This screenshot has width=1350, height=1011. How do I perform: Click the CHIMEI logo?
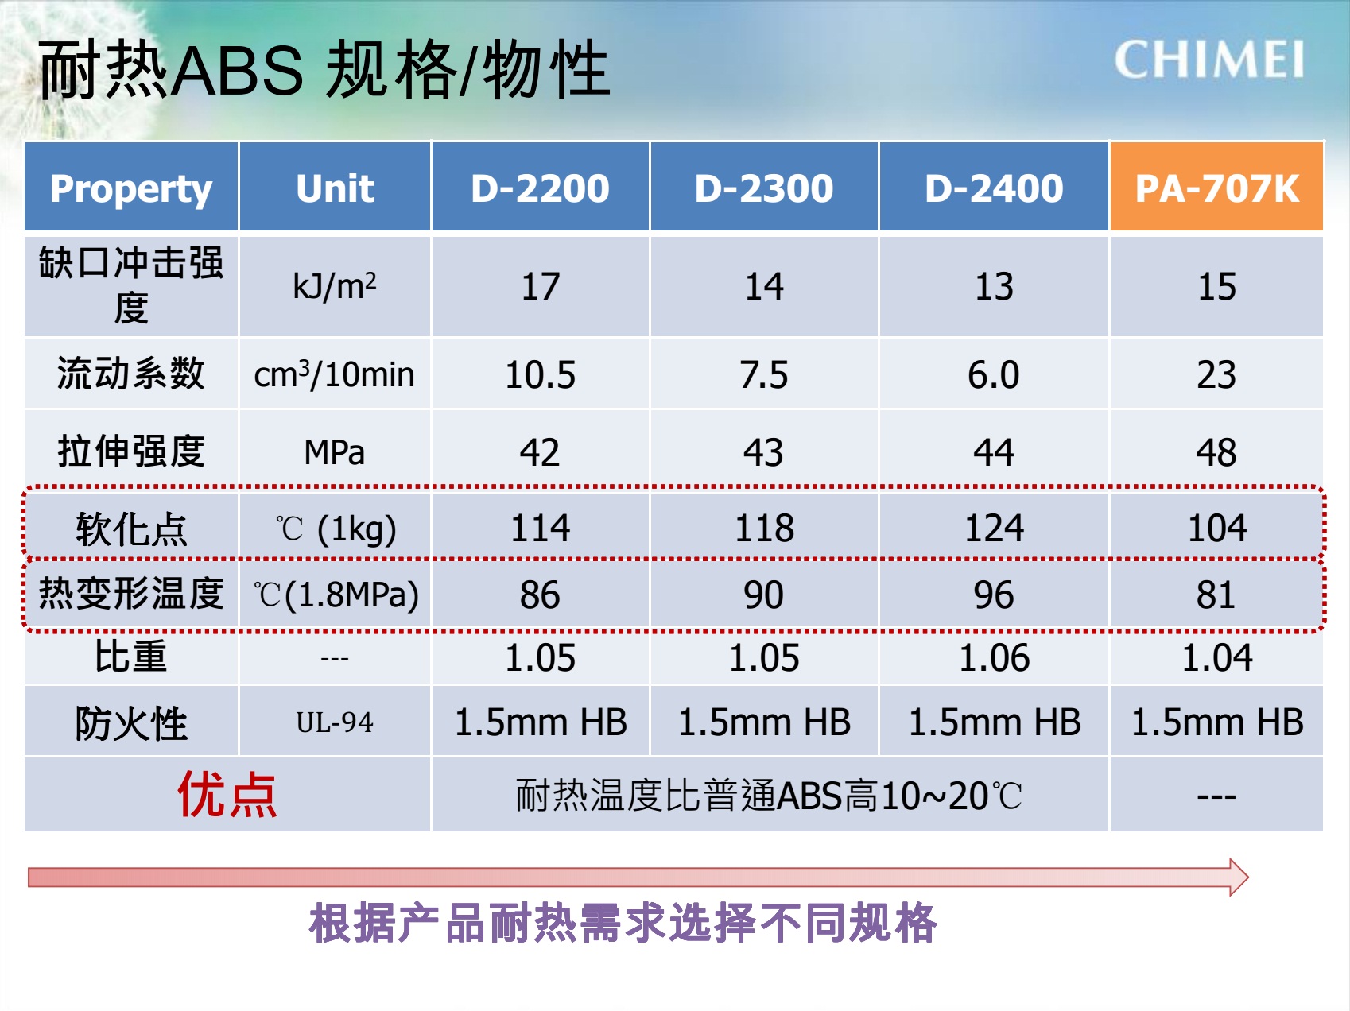1208,60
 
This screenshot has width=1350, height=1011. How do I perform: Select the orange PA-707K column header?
1216,188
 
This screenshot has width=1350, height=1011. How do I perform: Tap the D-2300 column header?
764,188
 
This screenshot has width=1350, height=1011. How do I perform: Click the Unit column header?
335,188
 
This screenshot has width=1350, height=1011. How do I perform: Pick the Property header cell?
131,188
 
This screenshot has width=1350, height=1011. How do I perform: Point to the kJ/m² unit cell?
335,286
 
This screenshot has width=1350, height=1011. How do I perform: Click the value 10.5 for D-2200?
541,374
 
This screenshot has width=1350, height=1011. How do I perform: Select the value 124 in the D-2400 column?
994,528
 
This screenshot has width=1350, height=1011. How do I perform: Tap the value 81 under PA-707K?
1216,595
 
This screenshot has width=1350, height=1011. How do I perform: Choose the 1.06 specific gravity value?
994,658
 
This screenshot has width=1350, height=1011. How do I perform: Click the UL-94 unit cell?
335,722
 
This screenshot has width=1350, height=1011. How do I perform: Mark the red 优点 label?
227,794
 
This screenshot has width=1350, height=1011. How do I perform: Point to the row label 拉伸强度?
131,451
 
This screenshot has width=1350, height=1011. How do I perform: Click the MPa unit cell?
335,451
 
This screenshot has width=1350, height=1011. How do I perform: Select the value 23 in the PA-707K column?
1216,374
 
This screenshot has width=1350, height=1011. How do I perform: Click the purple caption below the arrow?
623,923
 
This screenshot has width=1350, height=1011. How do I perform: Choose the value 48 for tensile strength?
1216,452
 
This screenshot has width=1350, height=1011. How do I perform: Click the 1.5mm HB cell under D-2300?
764,722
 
